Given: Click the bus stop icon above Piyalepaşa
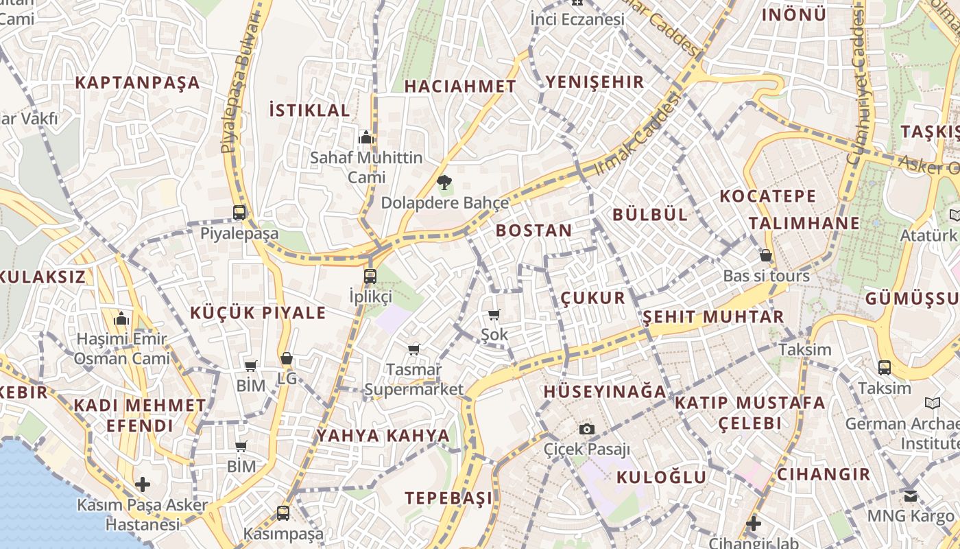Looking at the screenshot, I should (239, 213).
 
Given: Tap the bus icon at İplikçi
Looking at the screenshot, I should (370, 277).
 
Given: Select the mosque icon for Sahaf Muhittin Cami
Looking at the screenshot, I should (366, 138).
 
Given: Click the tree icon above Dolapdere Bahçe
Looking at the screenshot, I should (444, 183).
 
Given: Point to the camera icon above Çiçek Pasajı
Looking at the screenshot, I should (586, 430).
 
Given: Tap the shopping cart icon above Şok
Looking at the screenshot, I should (494, 315).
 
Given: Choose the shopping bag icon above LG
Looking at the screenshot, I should (287, 358).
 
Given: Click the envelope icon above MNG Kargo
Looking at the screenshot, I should (910, 495).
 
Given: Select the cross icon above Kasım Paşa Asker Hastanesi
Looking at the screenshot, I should (143, 484).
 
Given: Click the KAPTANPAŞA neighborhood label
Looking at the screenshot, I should (137, 83).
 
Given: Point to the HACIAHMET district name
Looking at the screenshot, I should (460, 86).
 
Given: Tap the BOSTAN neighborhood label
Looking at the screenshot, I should (533, 231).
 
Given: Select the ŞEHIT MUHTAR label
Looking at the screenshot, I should (713, 317).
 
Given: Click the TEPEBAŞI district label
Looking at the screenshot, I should (448, 498).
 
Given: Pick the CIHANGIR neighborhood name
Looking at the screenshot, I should (823, 474).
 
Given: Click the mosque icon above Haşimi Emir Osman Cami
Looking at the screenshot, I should (122, 319).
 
